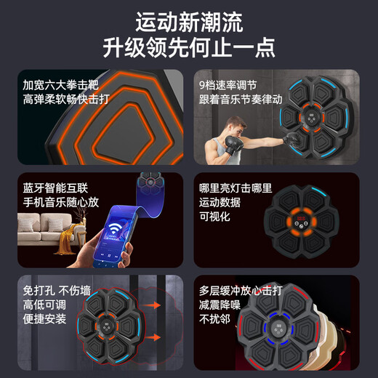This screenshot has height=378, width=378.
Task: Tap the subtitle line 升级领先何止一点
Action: tap(188, 47)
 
